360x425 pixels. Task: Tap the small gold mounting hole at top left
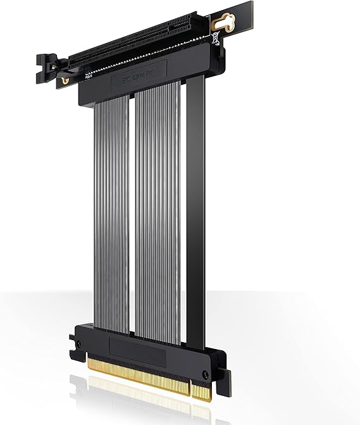tap(65, 80)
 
